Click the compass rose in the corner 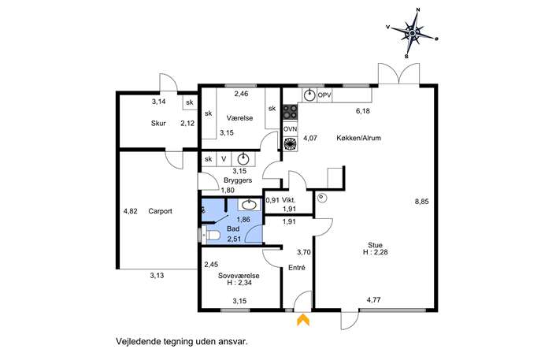[x=413, y=33]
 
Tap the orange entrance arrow [x=303, y=320]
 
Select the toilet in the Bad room [x=211, y=235]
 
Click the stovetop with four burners [x=290, y=112]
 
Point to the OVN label [x=290, y=129]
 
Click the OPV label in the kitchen [x=324, y=95]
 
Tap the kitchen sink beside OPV [x=310, y=95]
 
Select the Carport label [x=160, y=211]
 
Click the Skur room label [x=158, y=123]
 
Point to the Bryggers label [x=238, y=180]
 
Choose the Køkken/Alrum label [x=359, y=138]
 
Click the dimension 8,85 [x=421, y=202]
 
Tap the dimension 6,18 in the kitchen [x=362, y=111]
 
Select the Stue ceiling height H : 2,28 [x=375, y=252]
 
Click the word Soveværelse [x=239, y=276]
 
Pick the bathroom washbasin [x=249, y=205]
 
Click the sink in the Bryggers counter [x=243, y=159]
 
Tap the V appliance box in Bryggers [x=224, y=159]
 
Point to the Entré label [x=297, y=268]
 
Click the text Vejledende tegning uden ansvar [x=182, y=342]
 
